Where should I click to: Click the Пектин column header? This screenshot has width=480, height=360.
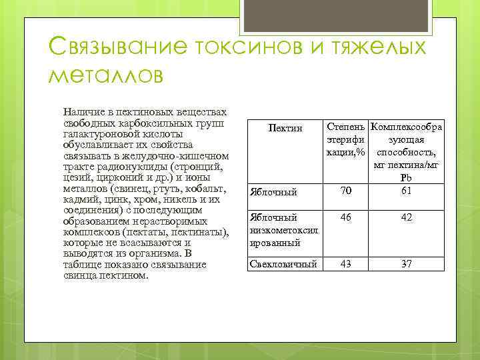click(x=285, y=127)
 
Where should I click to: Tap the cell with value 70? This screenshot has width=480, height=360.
click(x=345, y=192)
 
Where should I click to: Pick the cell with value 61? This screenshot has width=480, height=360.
click(x=406, y=192)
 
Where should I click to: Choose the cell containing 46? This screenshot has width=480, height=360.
click(x=345, y=217)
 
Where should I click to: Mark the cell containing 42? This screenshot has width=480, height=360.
click(x=406, y=217)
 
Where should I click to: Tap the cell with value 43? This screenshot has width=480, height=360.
click(x=345, y=264)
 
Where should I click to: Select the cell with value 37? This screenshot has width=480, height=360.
click(x=406, y=264)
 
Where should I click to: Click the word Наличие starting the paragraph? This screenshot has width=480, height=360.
click(x=81, y=113)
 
